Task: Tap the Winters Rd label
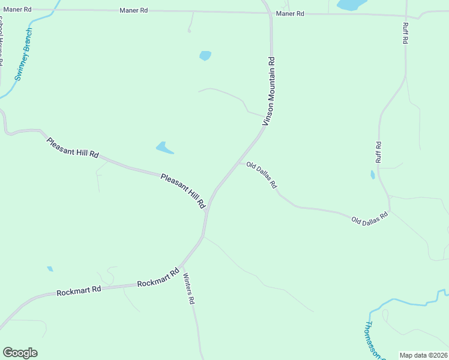[x=189, y=289]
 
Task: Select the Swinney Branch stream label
[x=24, y=55]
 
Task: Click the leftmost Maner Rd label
[x=17, y=10]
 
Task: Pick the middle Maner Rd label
[x=133, y=10]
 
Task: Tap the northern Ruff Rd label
[x=405, y=34]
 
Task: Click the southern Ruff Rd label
[x=378, y=152]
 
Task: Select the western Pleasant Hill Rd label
[x=73, y=148]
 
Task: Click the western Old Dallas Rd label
[x=262, y=175]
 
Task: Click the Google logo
[x=20, y=353]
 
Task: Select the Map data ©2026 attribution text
[x=424, y=355]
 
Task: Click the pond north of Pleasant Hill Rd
[x=164, y=147]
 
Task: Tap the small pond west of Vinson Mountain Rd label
[x=205, y=56]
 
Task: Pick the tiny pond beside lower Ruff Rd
[x=372, y=175]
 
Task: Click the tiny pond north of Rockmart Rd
[x=50, y=269]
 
